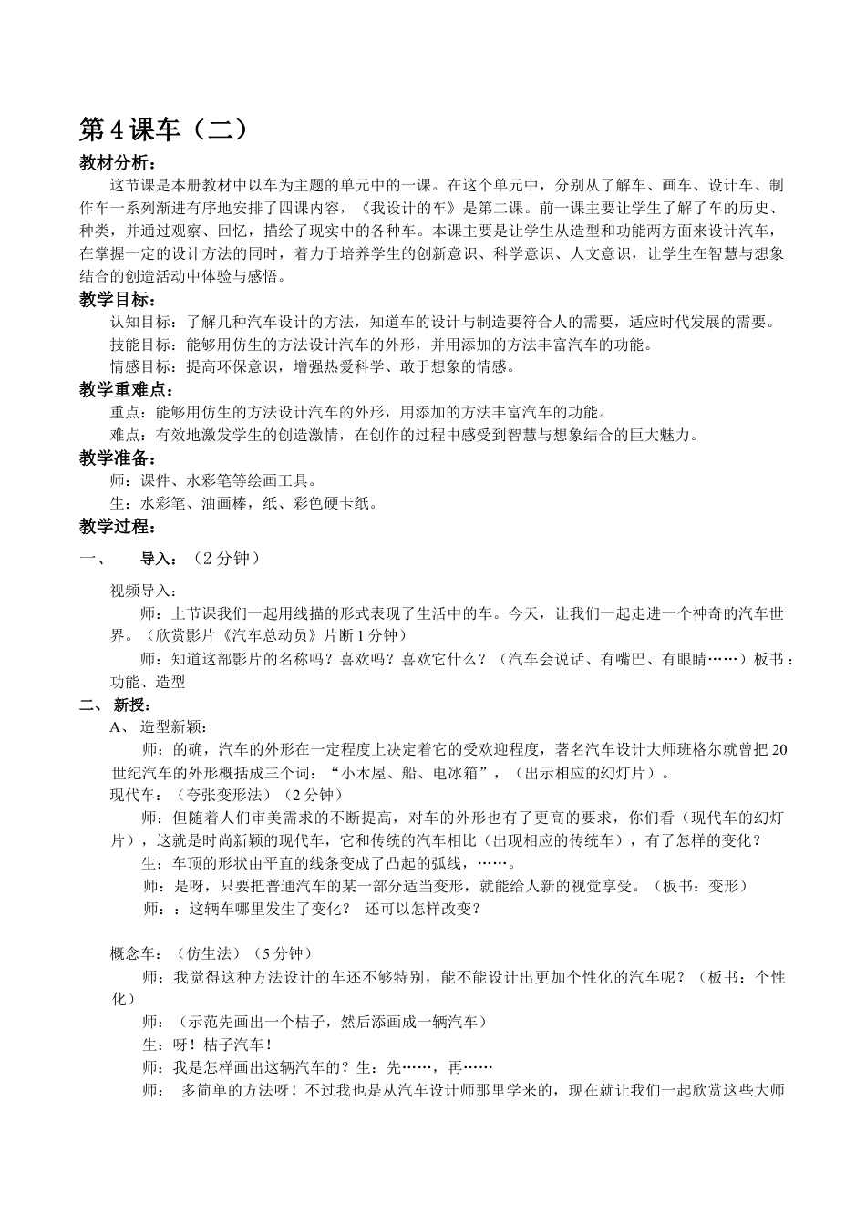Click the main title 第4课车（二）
click(164, 130)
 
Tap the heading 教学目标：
click(118, 300)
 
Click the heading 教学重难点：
click(125, 390)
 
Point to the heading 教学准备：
click(118, 458)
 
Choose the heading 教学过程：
click(118, 526)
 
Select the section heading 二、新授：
click(116, 705)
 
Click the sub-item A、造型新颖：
click(159, 727)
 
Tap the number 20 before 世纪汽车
click(778, 750)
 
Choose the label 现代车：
click(136, 795)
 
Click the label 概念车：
click(136, 954)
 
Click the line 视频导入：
click(144, 592)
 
